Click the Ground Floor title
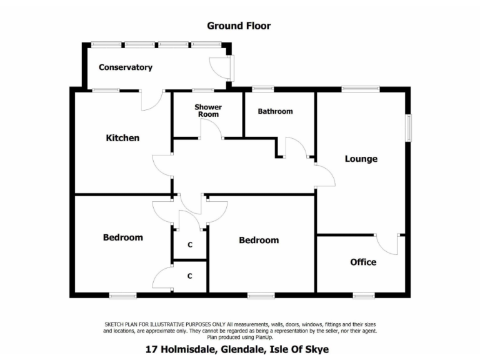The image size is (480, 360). pyautogui.click(x=239, y=26)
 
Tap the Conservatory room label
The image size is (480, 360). pyautogui.click(x=126, y=67)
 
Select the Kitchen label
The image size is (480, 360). pyautogui.click(x=122, y=138)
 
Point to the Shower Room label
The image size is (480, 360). pyautogui.click(x=208, y=111)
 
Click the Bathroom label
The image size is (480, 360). pyautogui.click(x=275, y=111)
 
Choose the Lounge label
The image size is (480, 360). pyautogui.click(x=361, y=159)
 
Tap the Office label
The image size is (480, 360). pyautogui.click(x=363, y=262)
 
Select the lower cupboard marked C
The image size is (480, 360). pyautogui.click(x=189, y=276)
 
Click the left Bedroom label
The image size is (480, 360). pyautogui.click(x=122, y=237)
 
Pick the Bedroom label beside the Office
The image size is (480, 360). pyautogui.click(x=259, y=240)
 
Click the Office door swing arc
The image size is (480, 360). pyautogui.click(x=387, y=245)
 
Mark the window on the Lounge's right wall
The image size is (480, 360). pyautogui.click(x=409, y=127)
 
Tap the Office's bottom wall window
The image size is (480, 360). pyautogui.click(x=363, y=294)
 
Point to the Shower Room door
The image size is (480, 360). pyautogui.click(x=210, y=129)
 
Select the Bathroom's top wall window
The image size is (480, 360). pyautogui.click(x=262, y=89)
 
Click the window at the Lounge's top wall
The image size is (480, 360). pyautogui.click(x=360, y=89)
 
